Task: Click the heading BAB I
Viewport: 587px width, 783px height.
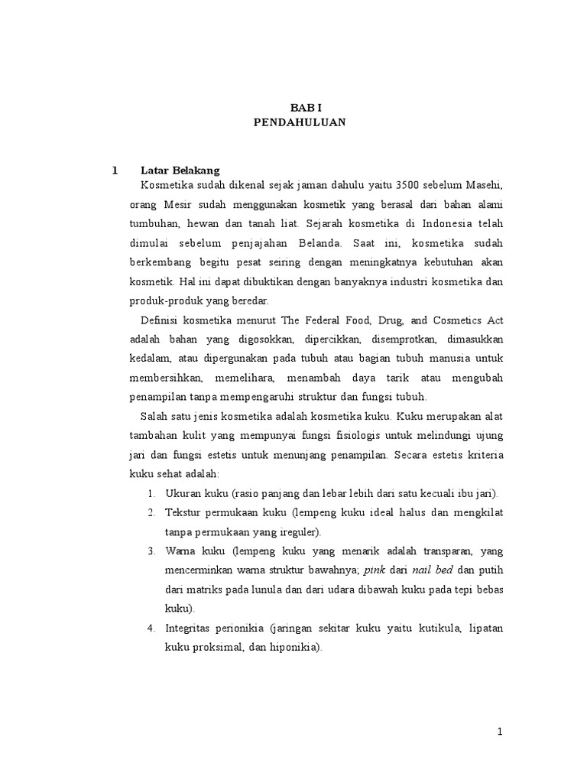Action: (300, 109)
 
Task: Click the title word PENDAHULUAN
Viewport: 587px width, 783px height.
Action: (300, 122)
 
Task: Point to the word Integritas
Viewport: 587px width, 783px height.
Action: (190, 628)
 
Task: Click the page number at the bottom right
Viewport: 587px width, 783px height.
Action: (500, 733)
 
